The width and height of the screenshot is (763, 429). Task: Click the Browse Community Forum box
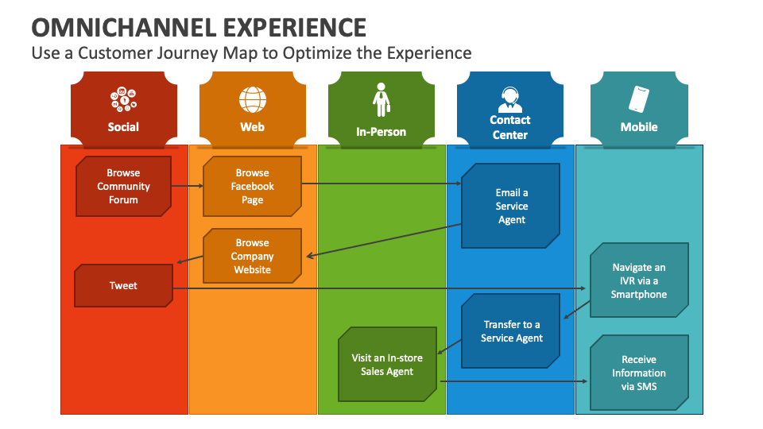click(123, 187)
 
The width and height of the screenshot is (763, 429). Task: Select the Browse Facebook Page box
click(252, 187)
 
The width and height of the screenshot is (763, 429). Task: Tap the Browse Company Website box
click(252, 256)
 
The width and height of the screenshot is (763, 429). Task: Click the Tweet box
click(123, 286)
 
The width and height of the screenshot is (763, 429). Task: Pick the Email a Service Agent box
click(511, 206)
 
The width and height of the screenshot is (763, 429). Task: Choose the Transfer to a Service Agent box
click(511, 331)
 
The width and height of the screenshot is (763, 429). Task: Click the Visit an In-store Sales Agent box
click(387, 365)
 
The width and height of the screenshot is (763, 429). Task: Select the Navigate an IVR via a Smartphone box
click(638, 281)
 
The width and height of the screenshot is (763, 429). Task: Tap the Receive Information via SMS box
click(638, 373)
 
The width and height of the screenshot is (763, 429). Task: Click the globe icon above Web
click(252, 100)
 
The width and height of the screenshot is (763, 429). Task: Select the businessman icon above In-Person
click(381, 100)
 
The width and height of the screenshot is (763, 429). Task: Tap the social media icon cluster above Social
click(123, 100)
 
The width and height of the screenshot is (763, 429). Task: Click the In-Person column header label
click(381, 132)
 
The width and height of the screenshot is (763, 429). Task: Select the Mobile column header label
click(639, 127)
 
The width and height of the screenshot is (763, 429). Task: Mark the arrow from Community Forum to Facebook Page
click(187, 187)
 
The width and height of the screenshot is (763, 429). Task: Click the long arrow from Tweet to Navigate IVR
click(381, 288)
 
